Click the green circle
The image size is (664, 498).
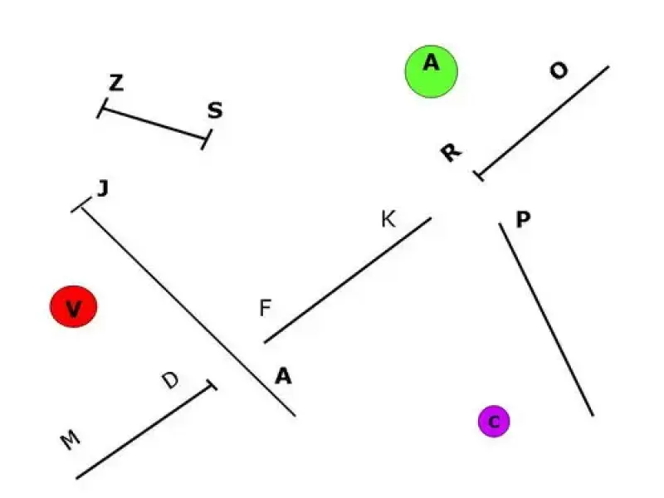tap(432, 71)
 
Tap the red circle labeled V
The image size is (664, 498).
tap(74, 307)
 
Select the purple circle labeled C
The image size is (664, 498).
tap(494, 422)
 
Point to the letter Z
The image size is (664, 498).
tap(116, 83)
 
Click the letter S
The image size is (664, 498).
tap(215, 110)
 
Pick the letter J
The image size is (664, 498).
tap(103, 189)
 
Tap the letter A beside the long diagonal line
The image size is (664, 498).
tap(283, 377)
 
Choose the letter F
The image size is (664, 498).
tap(265, 309)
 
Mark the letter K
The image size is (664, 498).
tap(388, 220)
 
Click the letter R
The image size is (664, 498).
tap(450, 153)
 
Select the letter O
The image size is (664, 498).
tap(559, 71)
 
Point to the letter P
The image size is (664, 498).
tap(523, 220)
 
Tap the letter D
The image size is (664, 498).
tap(170, 381)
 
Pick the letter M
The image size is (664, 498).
tap(71, 441)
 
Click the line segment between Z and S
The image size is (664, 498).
tap(153, 124)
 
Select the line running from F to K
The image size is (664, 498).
tap(348, 281)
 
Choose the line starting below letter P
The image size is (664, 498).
tap(546, 320)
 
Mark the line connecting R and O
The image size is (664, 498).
tap(544, 120)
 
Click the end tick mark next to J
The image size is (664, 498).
tap(81, 207)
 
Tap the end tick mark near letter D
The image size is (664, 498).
tap(212, 386)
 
